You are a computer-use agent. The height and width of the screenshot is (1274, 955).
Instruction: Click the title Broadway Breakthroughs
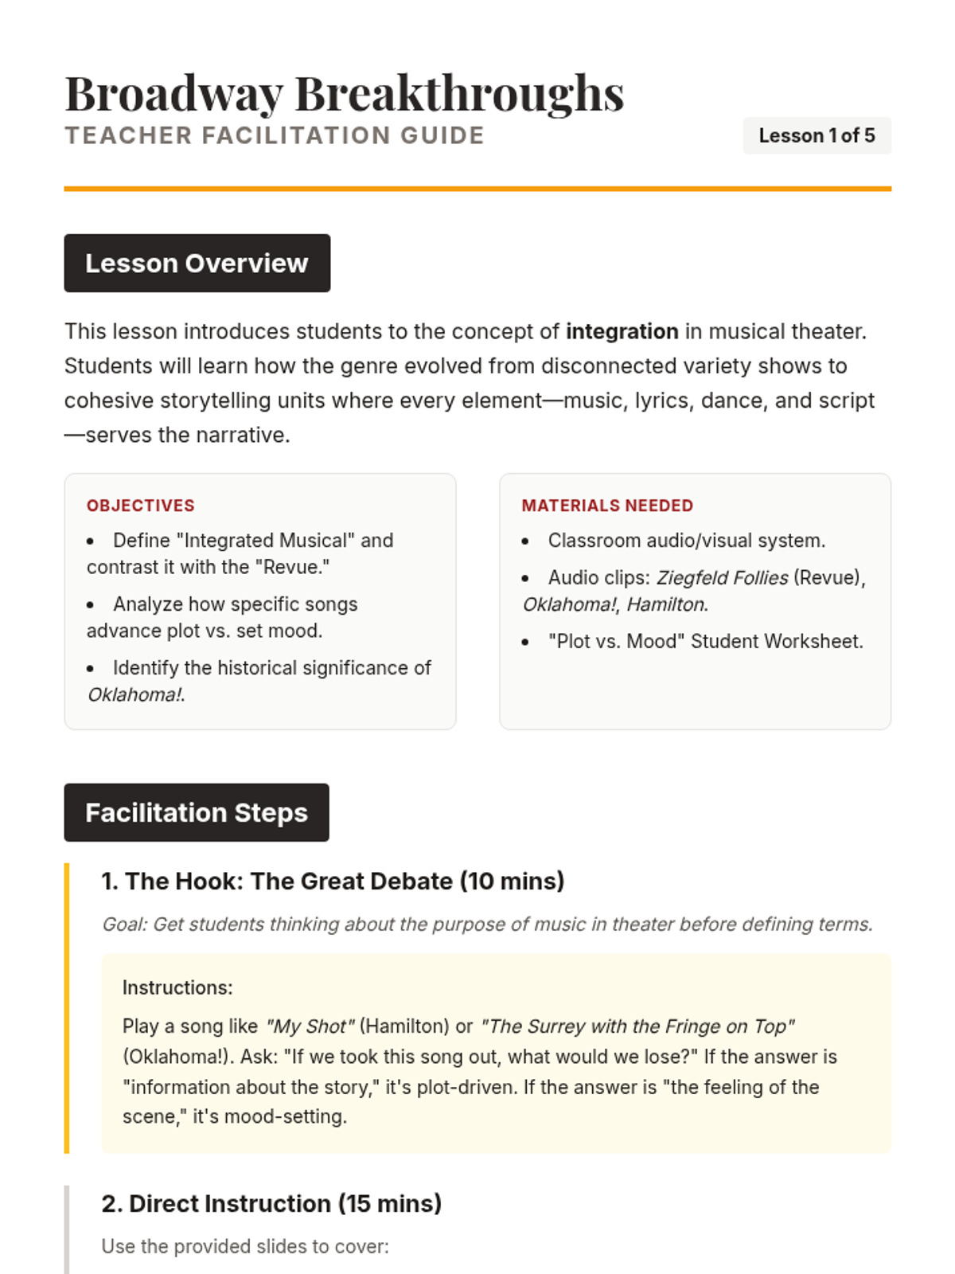[344, 93]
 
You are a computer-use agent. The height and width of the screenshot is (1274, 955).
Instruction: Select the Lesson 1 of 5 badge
[817, 136]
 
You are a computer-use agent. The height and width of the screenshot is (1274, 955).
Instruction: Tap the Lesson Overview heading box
[197, 264]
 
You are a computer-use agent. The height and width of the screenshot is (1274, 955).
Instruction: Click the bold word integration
[622, 331]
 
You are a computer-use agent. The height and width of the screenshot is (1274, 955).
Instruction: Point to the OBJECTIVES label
[141, 506]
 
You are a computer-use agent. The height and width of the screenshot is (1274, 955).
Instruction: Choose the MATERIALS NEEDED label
[607, 506]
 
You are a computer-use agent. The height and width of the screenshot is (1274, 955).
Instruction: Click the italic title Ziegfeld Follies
[722, 578]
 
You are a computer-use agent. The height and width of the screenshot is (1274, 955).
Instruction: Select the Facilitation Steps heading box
[197, 813]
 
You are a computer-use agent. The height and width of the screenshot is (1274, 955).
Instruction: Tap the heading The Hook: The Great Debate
[333, 881]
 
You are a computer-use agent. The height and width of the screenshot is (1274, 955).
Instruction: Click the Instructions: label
[177, 988]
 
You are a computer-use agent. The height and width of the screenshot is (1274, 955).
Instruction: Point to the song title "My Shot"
[310, 1026]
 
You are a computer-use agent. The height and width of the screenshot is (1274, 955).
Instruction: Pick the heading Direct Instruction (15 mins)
[271, 1204]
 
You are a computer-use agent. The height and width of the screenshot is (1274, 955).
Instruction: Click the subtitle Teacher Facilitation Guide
[275, 136]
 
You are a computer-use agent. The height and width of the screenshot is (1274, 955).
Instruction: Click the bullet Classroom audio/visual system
[686, 541]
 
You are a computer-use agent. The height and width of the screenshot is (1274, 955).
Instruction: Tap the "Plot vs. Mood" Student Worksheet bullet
[705, 642]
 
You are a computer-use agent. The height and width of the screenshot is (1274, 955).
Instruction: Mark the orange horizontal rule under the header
[477, 189]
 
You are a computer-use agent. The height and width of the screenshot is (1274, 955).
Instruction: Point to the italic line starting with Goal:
[487, 924]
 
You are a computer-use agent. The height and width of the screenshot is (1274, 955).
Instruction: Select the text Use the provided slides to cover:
[245, 1247]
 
